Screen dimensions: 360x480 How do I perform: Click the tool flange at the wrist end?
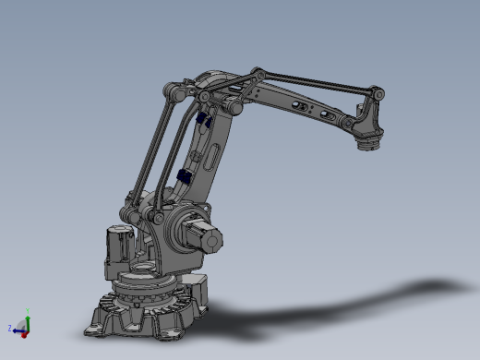[x=368, y=142]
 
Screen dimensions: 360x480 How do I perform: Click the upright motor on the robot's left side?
[x=118, y=246]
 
